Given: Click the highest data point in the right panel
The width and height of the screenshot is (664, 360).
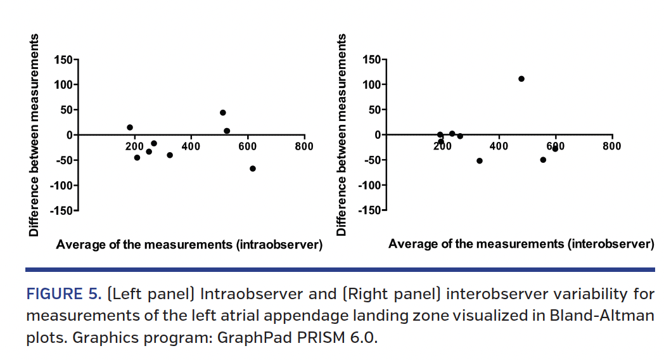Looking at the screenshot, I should [x=521, y=79].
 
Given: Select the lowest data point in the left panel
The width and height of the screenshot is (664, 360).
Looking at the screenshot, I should [x=253, y=169].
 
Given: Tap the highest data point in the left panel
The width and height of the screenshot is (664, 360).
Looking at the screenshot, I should [x=223, y=113].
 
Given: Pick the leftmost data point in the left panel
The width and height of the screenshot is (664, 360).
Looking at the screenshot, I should [x=130, y=127].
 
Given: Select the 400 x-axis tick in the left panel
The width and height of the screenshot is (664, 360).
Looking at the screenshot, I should [x=191, y=146].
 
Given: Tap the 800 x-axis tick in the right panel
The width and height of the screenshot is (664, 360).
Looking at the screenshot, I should [x=611, y=146].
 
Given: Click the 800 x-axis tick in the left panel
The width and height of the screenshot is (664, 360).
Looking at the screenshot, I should [x=304, y=146].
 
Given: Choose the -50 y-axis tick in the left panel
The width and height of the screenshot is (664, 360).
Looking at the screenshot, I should [x=63, y=160].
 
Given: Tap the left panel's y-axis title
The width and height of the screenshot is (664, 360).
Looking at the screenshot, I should [x=34, y=135].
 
